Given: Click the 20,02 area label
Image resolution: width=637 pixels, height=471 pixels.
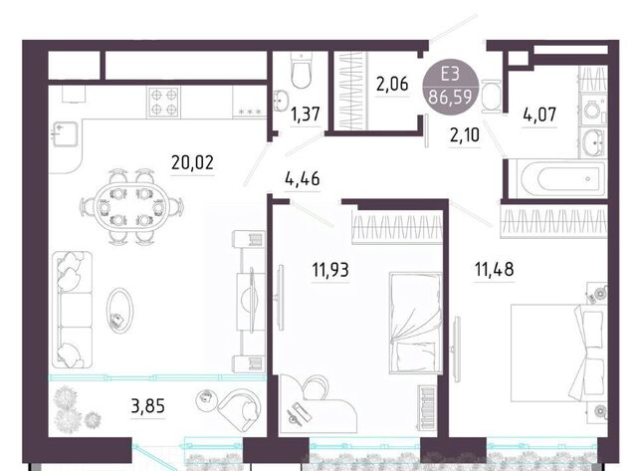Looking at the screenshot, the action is point(192,162).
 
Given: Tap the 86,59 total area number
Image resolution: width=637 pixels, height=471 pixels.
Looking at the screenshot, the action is point(450,98).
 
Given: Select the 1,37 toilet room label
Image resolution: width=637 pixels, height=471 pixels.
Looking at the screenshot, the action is point(306,115).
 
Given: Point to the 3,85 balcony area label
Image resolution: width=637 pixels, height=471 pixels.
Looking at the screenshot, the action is point(148,406).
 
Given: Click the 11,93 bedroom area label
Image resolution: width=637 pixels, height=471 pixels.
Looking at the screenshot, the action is point(330,270).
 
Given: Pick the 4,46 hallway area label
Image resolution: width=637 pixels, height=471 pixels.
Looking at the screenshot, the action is point(303,179).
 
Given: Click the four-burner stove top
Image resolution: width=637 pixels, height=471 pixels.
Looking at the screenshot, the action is point(163,102).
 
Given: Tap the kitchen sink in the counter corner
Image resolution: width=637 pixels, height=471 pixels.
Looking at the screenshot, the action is point(65,133).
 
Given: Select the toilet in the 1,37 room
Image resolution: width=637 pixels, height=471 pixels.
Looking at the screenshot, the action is point(302,70).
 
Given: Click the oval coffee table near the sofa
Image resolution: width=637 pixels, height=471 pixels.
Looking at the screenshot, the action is point(119,311).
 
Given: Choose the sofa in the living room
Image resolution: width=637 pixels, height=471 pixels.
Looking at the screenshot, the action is point(72,310).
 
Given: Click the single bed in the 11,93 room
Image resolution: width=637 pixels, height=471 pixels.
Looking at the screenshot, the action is point(416,323).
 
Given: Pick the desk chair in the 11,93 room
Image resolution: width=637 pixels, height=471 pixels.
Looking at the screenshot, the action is point(316,387).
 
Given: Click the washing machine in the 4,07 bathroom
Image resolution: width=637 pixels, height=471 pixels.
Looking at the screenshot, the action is point(593,110).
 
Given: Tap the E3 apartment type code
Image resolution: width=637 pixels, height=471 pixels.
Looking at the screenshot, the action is point(450,75).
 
